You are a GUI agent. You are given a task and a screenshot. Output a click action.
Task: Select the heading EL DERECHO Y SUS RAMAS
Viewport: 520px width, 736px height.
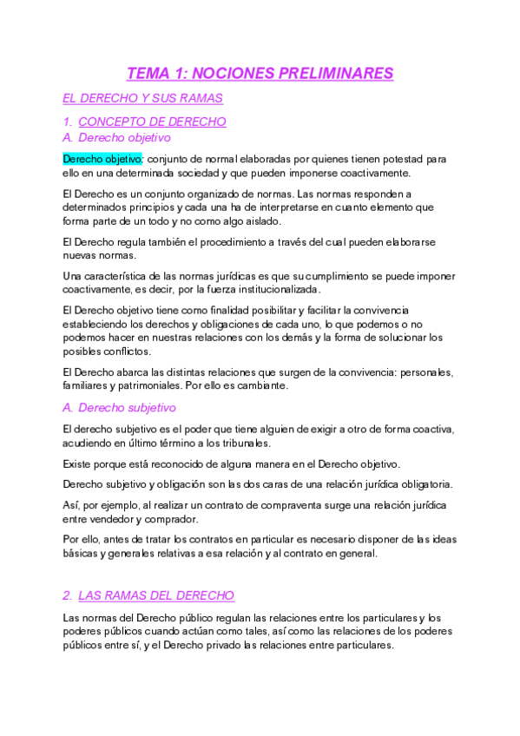tap(143, 99)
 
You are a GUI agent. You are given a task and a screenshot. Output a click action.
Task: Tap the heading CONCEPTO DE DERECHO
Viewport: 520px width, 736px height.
tap(152, 122)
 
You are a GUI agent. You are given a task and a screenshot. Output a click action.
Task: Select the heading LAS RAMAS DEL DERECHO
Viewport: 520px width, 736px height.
tap(156, 595)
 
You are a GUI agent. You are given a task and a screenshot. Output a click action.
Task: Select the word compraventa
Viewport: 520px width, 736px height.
tap(297, 506)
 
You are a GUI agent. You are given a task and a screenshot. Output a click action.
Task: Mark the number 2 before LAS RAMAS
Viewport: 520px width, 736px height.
tap(67, 595)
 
